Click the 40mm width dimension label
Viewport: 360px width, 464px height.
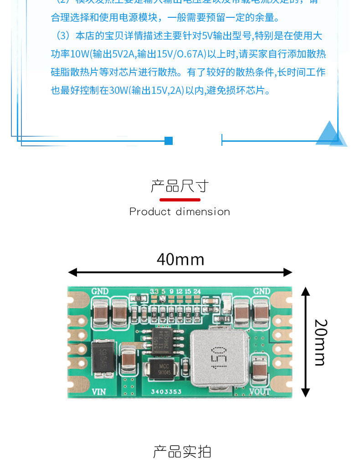(x=180, y=259)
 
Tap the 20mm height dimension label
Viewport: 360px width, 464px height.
(x=320, y=342)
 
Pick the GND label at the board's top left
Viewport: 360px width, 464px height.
(x=100, y=291)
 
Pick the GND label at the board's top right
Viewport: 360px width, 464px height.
(x=262, y=291)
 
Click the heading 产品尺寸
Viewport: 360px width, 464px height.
(x=180, y=186)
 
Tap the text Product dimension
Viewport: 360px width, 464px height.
(x=180, y=211)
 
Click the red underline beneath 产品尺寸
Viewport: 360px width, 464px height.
(x=180, y=200)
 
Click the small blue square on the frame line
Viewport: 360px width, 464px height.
(x=169, y=141)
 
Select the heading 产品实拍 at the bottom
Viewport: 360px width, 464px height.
(x=182, y=452)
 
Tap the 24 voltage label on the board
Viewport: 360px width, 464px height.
(x=197, y=291)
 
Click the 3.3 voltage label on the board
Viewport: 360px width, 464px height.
(x=154, y=291)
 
